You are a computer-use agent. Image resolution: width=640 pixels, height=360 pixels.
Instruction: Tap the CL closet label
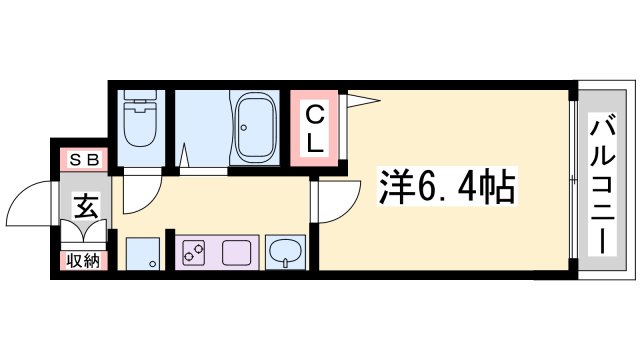tap(314, 129)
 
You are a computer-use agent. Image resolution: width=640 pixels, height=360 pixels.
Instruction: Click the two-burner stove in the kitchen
tap(196, 253)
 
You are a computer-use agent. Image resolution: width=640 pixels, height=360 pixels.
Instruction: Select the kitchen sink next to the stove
tap(237, 253)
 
